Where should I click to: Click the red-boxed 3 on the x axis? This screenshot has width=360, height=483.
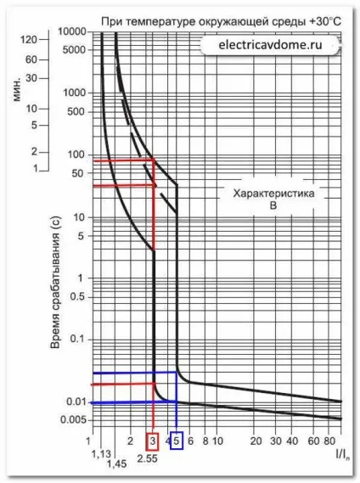(153, 441)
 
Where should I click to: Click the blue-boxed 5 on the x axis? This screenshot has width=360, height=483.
(177, 441)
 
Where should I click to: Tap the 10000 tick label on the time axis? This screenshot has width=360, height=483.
(72, 31)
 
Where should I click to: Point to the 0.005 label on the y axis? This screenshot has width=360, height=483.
(73, 419)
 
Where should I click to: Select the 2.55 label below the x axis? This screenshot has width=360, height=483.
(148, 458)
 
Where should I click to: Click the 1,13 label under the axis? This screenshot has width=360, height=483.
(101, 454)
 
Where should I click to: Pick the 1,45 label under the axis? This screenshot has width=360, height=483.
(117, 464)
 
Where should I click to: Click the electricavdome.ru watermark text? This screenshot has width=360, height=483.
(270, 45)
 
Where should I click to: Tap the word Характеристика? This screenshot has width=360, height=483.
(273, 194)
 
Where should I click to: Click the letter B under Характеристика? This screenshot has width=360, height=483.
(273, 205)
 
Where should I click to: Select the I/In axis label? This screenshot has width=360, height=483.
(343, 455)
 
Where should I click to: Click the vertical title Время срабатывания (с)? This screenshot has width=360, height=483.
(55, 283)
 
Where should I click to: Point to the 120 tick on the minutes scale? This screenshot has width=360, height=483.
(29, 39)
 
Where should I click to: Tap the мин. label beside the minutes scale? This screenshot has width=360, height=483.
(16, 89)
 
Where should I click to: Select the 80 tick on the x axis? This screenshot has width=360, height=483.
(329, 441)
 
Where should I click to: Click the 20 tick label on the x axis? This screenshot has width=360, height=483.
(256, 441)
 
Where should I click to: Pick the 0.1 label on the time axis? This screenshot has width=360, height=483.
(77, 339)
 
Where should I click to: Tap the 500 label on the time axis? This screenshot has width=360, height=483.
(76, 111)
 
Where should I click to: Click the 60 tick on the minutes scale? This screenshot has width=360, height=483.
(31, 59)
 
